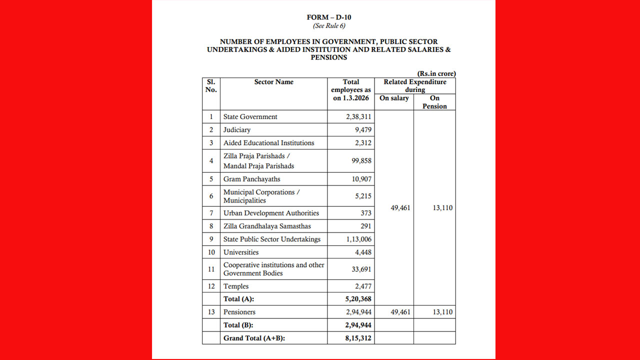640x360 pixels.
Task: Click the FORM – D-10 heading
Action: coord(329,17)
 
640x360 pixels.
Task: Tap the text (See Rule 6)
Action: coord(329,25)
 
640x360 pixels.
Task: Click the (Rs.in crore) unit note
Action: coord(436,73)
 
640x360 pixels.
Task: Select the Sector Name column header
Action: coord(273,82)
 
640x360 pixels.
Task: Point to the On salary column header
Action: coord(394,98)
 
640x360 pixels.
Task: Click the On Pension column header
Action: coord(434,102)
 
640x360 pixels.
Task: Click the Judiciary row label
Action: coord(237,129)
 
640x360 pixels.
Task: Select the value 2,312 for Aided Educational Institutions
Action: coord(361,142)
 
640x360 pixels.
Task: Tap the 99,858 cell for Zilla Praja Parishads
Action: coord(360,160)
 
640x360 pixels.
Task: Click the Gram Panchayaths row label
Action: coord(252,179)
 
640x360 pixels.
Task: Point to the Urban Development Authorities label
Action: coord(271,213)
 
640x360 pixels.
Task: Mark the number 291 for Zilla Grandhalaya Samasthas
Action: coord(366,226)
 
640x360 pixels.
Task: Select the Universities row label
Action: coord(241,252)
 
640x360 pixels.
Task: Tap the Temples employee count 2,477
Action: coord(361,286)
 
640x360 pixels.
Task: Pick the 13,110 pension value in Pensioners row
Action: coord(442,312)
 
